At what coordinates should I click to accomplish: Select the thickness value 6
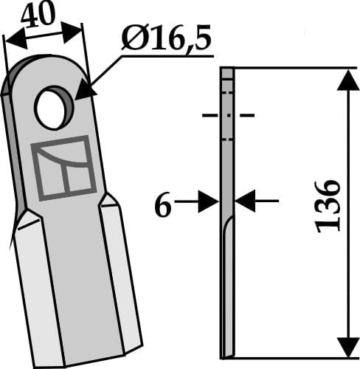[x=162, y=207]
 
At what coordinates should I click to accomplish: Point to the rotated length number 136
[x=328, y=205]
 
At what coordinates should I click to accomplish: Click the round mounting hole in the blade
[x=52, y=106]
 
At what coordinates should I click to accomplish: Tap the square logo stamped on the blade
[x=62, y=168]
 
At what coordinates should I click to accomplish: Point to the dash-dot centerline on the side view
[x=227, y=115]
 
